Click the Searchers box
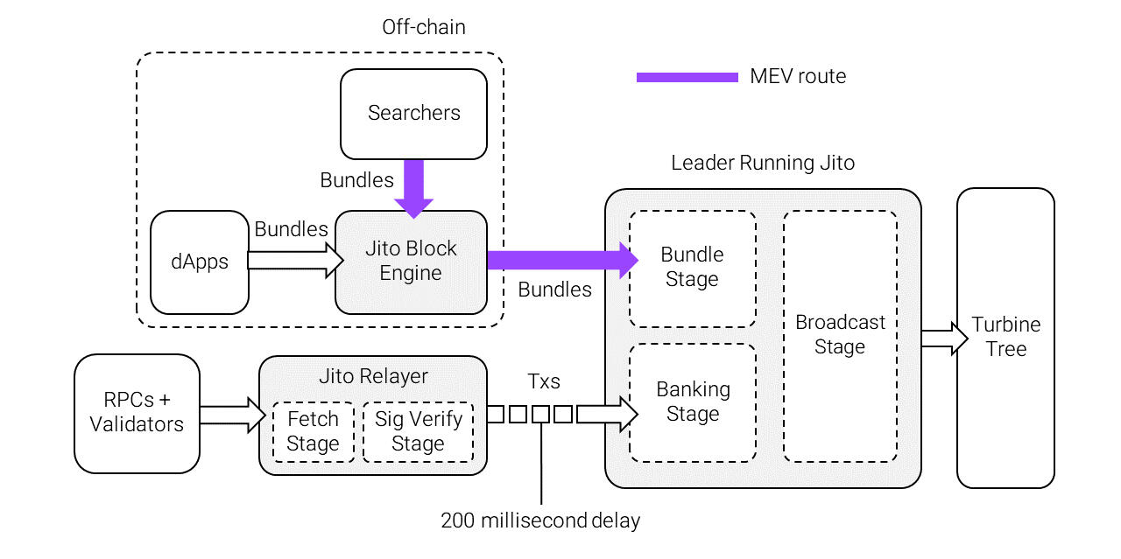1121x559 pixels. (x=413, y=114)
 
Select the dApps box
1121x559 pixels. (x=200, y=262)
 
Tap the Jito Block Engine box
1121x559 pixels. (x=411, y=262)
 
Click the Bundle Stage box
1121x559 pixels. (x=692, y=268)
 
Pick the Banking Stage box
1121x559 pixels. (x=692, y=402)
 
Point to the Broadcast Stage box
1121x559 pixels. (x=840, y=335)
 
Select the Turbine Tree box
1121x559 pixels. (x=1005, y=337)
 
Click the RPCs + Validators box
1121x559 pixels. (x=137, y=413)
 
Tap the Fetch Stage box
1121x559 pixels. (x=313, y=431)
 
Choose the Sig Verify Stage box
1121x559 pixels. (x=418, y=431)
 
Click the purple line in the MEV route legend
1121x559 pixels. (x=687, y=77)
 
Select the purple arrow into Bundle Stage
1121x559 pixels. (x=560, y=260)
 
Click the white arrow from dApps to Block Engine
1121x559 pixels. (x=294, y=260)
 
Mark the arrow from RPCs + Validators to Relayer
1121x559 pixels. (x=231, y=415)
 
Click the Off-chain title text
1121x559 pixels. (x=424, y=27)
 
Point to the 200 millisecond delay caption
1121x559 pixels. (x=540, y=521)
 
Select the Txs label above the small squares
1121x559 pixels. (x=544, y=381)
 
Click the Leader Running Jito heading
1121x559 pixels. (x=763, y=163)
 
